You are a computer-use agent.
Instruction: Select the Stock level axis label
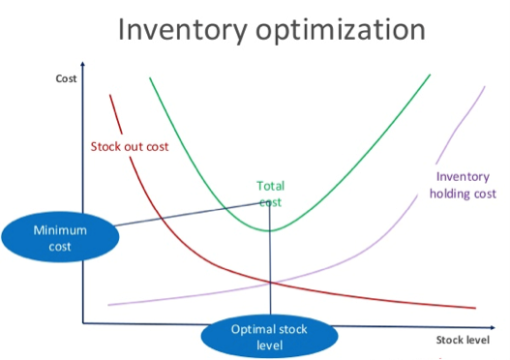(462, 340)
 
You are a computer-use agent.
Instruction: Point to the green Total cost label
(270, 194)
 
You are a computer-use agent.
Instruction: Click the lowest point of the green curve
(269, 230)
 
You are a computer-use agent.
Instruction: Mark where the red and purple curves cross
(270, 282)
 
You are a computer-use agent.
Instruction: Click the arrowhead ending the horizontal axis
(486, 323)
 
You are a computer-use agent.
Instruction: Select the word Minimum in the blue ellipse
(60, 230)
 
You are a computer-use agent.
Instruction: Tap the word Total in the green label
(270, 185)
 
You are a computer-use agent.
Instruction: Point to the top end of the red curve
(110, 94)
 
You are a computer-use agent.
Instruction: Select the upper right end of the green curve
(430, 75)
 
